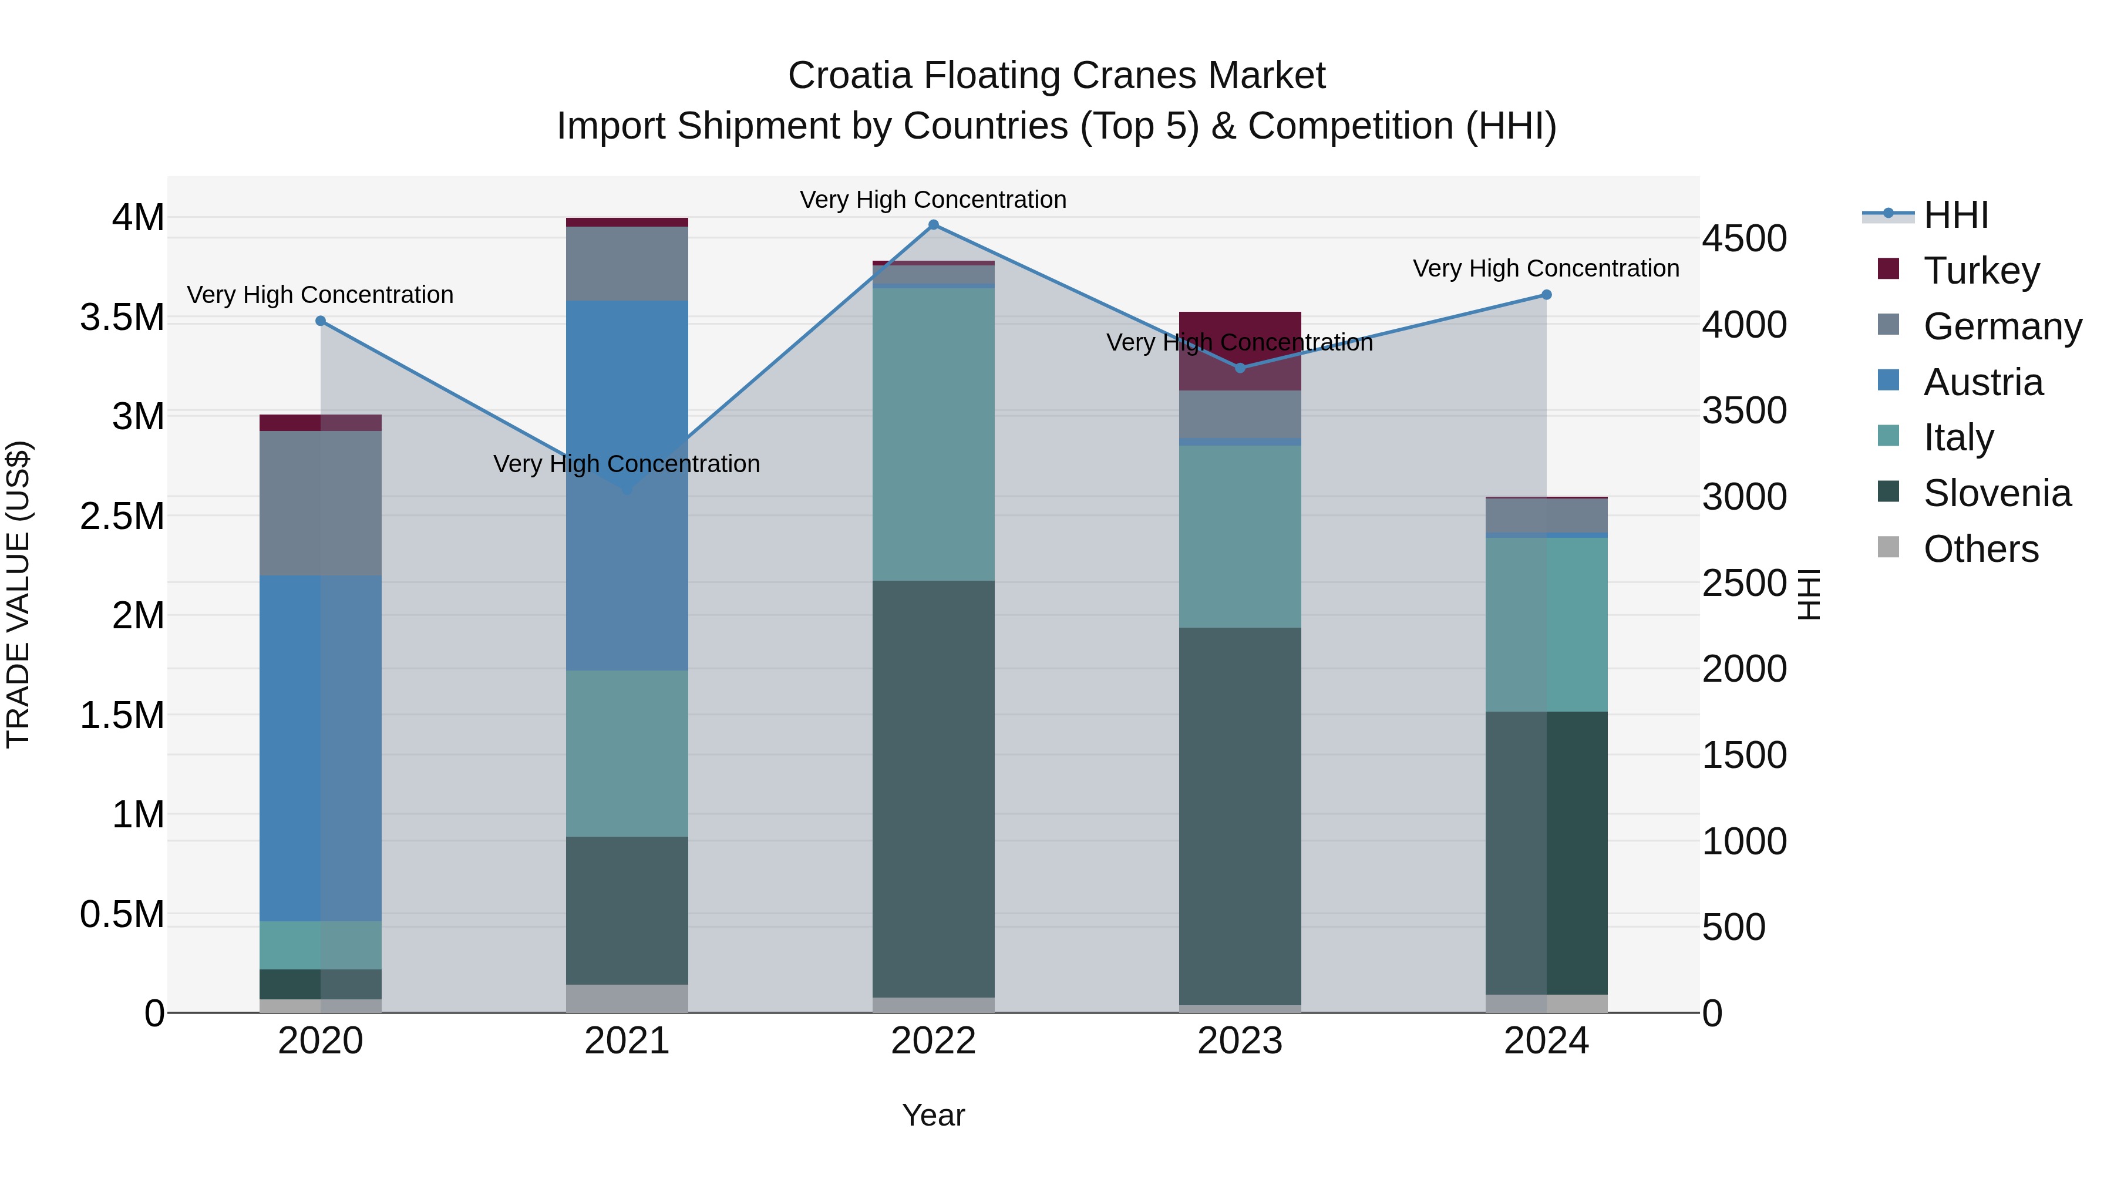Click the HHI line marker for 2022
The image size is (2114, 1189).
[x=933, y=225]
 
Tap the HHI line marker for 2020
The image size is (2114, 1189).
[x=321, y=321]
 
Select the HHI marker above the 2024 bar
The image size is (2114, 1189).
[x=1546, y=295]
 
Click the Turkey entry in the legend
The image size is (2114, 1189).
[x=1980, y=271]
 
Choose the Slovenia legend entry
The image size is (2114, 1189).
[x=1996, y=493]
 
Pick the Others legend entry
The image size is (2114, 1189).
[x=1980, y=549]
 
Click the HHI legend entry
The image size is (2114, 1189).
[x=1955, y=215]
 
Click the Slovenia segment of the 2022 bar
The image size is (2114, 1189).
[x=933, y=788]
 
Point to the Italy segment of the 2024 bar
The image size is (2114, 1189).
[x=1546, y=624]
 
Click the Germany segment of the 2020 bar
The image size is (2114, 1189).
[x=321, y=502]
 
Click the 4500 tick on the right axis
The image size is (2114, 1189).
[x=1744, y=239]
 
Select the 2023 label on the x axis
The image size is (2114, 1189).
[x=1239, y=1041]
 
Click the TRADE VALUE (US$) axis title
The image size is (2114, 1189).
[x=18, y=594]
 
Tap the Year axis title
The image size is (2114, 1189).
[x=933, y=1115]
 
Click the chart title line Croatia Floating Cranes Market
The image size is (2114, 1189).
[x=1056, y=76]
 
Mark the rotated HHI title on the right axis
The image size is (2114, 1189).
[x=1809, y=594]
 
